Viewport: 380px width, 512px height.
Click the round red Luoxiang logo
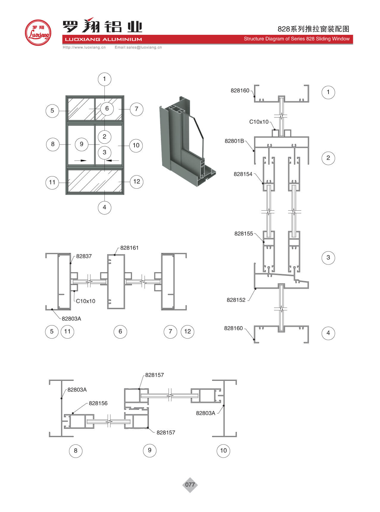coord(38,33)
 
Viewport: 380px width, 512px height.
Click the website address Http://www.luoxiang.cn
coord(84,47)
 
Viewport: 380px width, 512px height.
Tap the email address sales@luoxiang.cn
coord(138,47)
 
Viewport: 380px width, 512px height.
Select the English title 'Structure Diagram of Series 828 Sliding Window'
coord(296,39)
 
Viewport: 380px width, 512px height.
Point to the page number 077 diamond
coord(190,485)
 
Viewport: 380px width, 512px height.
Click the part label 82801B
coord(234,141)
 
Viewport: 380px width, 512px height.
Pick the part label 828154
coord(243,174)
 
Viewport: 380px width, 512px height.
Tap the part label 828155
coord(243,234)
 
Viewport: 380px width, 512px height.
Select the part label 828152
coord(236,300)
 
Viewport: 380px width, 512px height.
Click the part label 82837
coord(84,256)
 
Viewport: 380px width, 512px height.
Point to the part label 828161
coord(129,248)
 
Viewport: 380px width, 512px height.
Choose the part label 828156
coord(98,403)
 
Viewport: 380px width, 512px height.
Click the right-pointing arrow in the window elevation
coord(80,161)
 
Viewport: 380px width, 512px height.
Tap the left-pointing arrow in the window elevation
coord(112,161)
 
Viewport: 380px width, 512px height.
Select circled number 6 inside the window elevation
coord(107,109)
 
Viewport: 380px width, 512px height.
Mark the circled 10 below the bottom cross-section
coord(223,450)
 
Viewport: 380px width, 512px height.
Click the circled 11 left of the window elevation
coord(52,182)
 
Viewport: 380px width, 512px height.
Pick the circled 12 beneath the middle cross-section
coord(187,331)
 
